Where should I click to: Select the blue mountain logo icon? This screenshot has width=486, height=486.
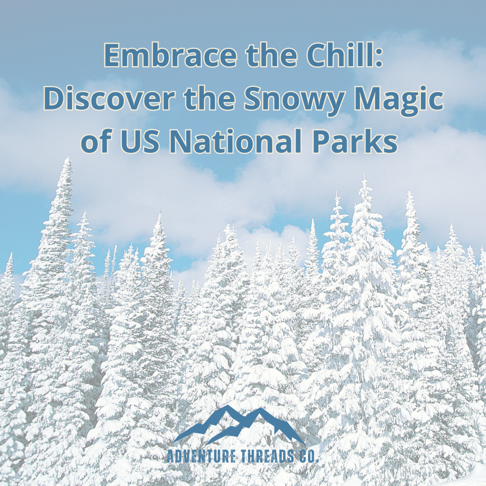tap(238, 425)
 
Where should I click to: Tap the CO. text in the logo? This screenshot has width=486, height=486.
tap(309, 456)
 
